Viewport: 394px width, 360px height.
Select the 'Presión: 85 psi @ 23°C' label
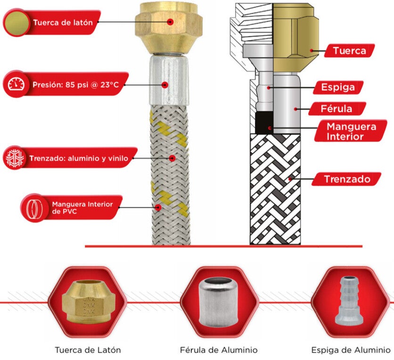75,85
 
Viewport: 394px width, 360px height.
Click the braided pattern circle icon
13,158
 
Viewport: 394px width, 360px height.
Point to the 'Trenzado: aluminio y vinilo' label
78,158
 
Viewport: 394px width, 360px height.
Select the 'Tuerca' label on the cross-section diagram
349,50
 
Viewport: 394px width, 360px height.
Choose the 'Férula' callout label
337,109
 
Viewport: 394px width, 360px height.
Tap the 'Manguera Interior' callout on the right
351,131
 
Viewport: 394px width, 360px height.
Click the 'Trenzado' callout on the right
347,179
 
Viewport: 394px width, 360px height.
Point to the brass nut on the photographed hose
169,28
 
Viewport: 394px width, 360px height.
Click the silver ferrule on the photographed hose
169,80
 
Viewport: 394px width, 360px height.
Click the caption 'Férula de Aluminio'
219,350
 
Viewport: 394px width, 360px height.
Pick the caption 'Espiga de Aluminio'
351,350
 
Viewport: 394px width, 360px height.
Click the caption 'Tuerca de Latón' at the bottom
88,350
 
